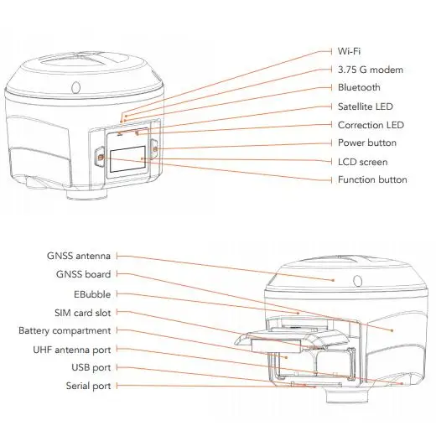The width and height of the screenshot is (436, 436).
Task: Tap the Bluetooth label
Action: pos(358,88)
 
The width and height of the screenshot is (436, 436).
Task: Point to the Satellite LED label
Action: pos(365,106)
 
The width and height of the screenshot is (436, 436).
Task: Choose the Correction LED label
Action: pos(368,125)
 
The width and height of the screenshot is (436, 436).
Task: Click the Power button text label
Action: pos(366,143)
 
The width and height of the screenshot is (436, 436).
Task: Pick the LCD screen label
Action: pos(362,162)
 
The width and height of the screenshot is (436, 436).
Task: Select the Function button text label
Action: pos(372,180)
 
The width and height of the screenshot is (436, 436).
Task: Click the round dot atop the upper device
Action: pos(75,86)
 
